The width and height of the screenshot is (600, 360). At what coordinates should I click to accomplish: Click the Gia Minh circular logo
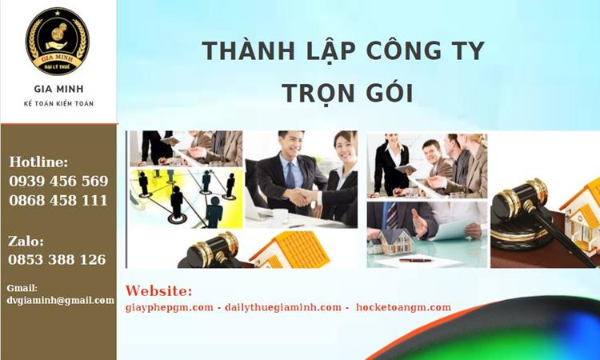point(58,41)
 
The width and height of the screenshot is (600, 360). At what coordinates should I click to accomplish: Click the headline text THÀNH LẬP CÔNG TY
point(343,51)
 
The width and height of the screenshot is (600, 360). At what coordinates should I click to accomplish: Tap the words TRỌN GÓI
point(346,93)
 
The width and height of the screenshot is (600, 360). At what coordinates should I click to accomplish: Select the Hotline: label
point(38,162)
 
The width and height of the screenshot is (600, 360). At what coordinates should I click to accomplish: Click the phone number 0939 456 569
point(58,181)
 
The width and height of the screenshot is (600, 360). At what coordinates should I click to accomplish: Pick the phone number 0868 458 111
point(58,200)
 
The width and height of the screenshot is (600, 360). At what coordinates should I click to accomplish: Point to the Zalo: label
point(26,240)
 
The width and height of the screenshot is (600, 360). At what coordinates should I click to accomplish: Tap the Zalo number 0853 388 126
point(57,259)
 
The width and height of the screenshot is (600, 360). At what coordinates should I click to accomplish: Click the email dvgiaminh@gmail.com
point(60,300)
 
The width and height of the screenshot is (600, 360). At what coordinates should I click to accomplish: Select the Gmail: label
point(22,288)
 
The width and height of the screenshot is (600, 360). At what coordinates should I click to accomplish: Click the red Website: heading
point(158,290)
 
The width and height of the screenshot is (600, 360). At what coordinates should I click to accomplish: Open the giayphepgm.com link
point(170,307)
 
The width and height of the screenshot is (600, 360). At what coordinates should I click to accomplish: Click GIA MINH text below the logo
point(58,89)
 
